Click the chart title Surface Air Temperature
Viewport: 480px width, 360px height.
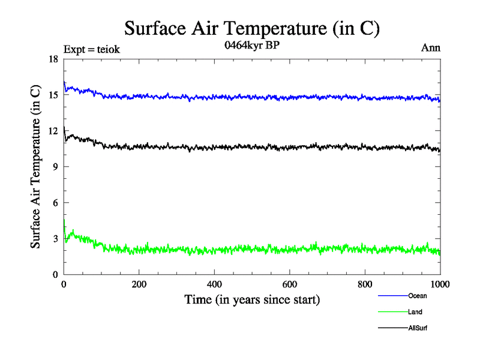(252, 28)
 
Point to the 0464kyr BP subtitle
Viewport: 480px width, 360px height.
(252, 46)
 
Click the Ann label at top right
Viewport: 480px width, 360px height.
(431, 49)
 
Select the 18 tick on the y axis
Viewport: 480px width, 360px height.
(53, 59)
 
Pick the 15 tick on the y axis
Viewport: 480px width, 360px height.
(53, 95)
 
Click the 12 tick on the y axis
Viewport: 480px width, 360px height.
(53, 131)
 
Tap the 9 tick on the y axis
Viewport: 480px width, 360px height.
(56, 167)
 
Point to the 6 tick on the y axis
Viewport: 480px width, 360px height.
(56, 203)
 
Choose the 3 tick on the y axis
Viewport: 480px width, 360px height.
(56, 239)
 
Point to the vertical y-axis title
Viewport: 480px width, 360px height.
(37, 167)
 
